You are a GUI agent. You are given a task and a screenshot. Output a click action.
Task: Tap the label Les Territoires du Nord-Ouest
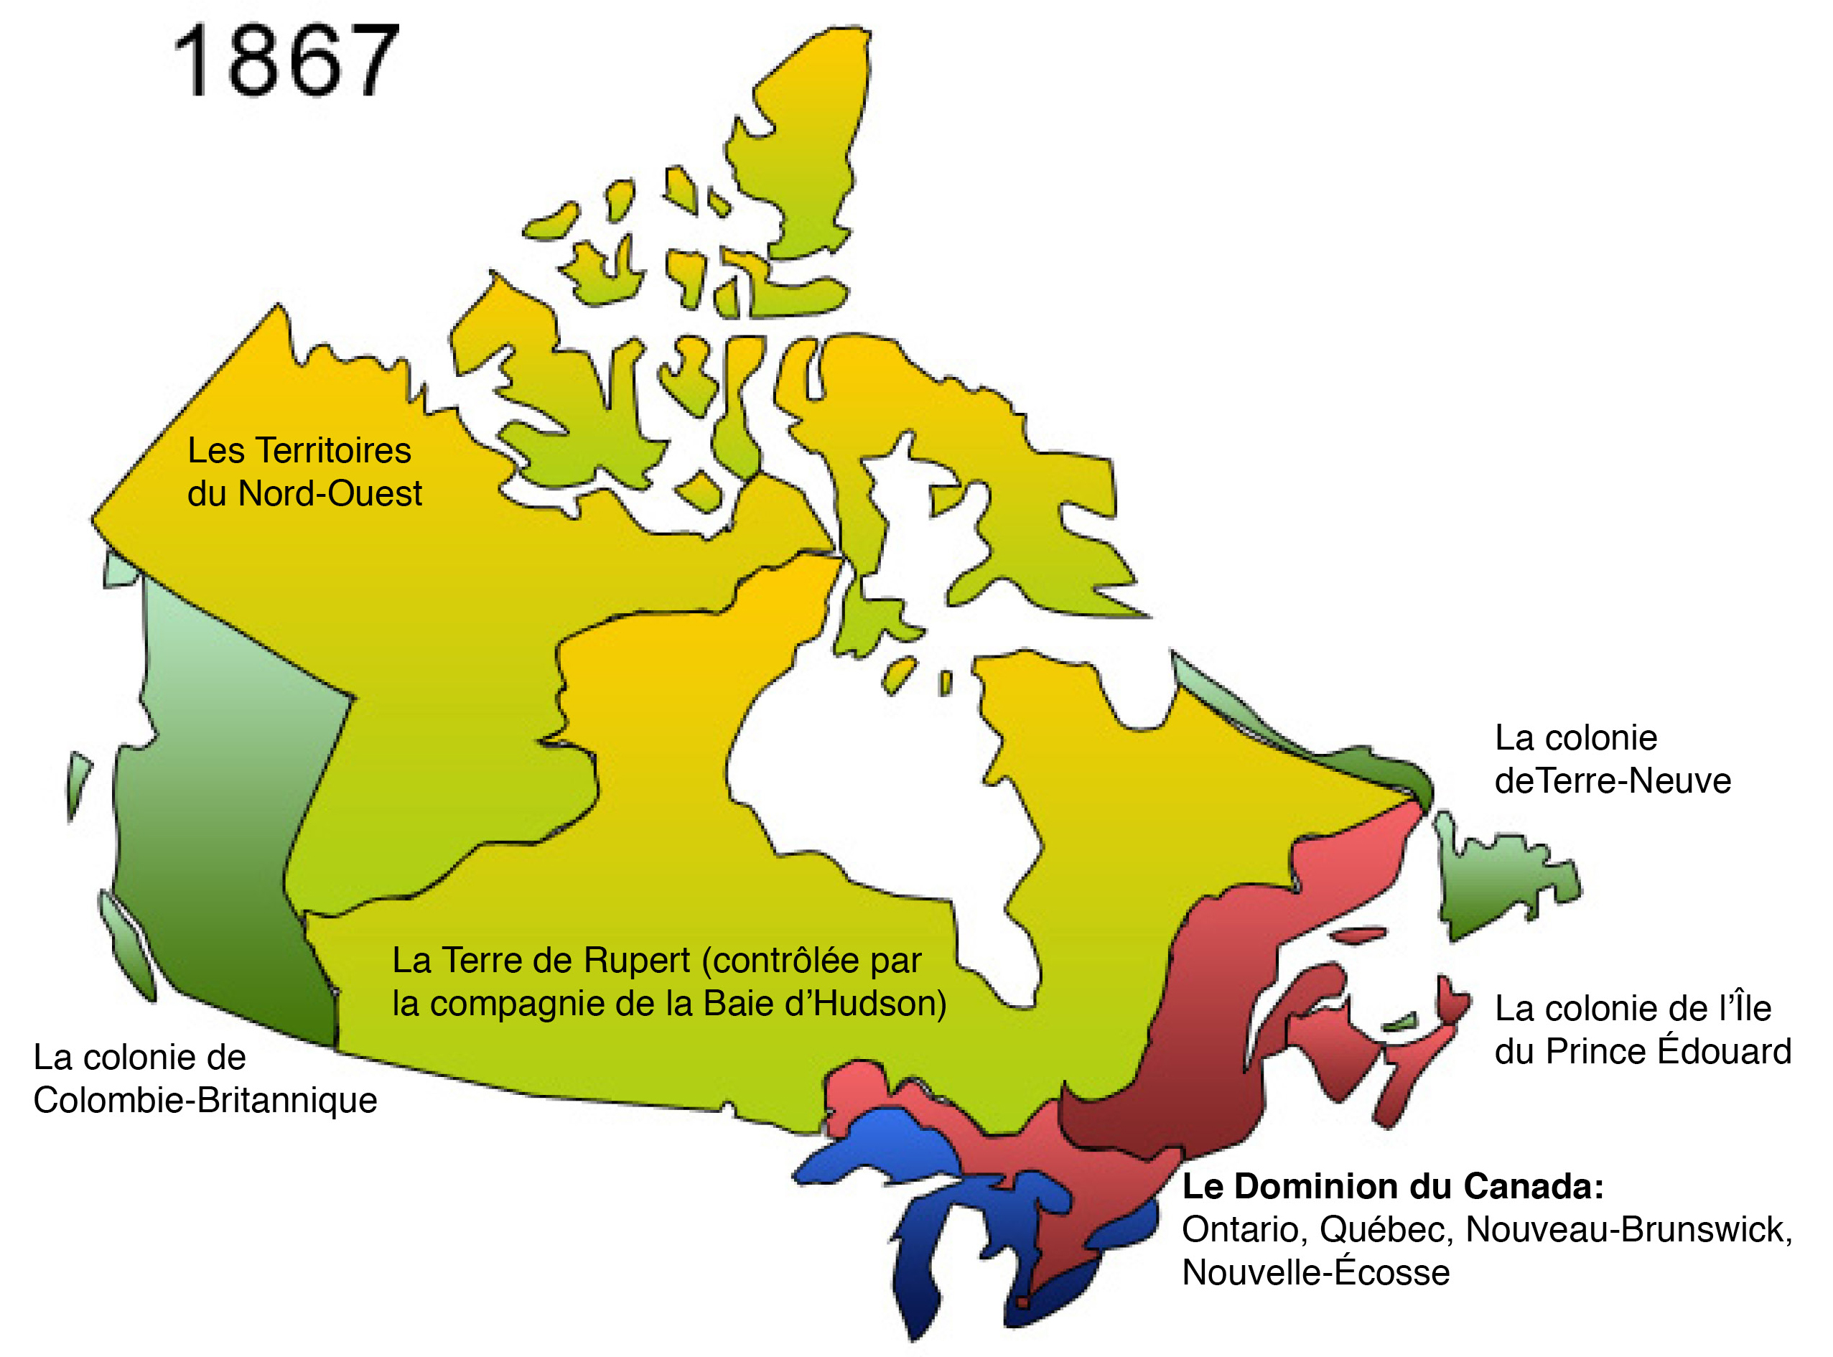point(303,472)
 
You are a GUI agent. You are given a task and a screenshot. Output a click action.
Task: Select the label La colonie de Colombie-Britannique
point(205,1078)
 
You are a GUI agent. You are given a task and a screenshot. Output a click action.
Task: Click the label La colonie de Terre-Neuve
point(1611,759)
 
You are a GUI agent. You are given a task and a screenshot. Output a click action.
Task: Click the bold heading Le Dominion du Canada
point(1393,1186)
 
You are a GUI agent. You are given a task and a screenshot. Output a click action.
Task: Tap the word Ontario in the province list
point(1244,1230)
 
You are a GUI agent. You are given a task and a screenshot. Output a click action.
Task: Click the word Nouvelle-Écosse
point(1315,1272)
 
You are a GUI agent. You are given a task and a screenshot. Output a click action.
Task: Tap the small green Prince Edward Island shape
point(1401,1022)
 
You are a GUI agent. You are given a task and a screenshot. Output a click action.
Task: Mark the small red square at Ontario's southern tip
point(1022,1302)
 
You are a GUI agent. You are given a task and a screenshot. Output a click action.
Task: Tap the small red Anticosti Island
point(1360,935)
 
